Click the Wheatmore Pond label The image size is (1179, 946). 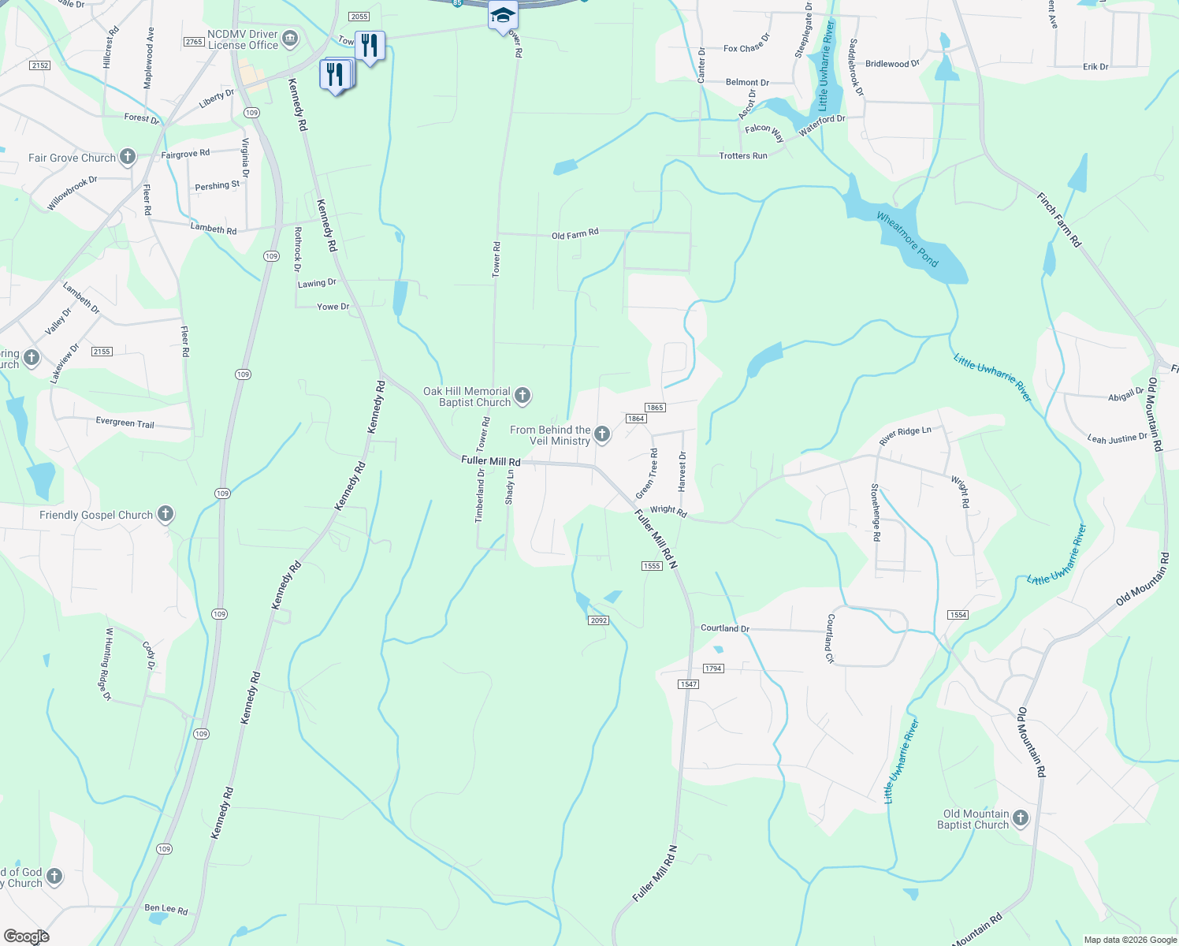pos(907,240)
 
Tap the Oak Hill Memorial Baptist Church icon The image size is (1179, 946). pos(523,396)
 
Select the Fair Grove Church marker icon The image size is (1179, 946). pos(128,157)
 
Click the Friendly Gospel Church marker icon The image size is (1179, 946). pos(165,515)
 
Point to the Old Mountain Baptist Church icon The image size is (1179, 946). pos(1021,818)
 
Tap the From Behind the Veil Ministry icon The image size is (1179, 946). pos(602,434)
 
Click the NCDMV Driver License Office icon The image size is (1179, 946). pos(290,39)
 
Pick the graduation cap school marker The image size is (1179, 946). pos(503,16)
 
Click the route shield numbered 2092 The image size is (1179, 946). pos(598,620)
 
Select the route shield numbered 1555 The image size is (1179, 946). pos(651,566)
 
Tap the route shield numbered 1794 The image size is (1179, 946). pos(712,669)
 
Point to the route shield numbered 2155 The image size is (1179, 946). pos(102,352)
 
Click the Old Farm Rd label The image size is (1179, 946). pos(575,234)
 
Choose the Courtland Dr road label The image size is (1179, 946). pos(725,628)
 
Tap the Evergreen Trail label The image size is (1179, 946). pos(125,423)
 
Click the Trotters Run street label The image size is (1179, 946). pos(742,156)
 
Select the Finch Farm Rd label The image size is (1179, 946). pos(1059,221)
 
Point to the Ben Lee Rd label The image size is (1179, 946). pos(166,909)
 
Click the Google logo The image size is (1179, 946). pos(27,937)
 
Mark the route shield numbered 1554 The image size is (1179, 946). pos(958,615)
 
